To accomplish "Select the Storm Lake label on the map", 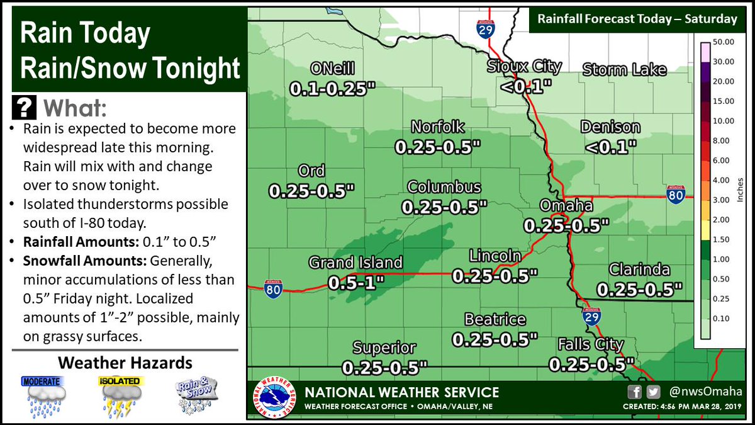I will click(624, 69).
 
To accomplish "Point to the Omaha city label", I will click(566, 207).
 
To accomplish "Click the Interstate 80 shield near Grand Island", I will click(273, 288).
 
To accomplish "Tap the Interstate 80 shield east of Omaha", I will click(676, 194).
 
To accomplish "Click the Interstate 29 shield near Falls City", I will click(591, 315).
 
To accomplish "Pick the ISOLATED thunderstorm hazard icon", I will click(121, 396).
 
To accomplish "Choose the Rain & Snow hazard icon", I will click(196, 396).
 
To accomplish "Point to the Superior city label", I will click(384, 348).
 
